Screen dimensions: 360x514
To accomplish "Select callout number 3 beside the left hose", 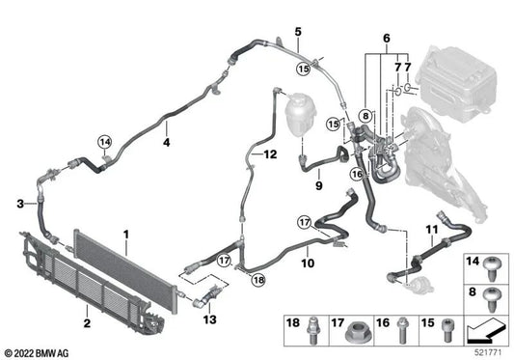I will pos(19,203).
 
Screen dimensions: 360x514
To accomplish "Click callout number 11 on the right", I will pos(431,230).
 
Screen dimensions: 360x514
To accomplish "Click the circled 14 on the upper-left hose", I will pos(104,144).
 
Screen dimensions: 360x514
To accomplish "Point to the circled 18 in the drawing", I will pos(257,279).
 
